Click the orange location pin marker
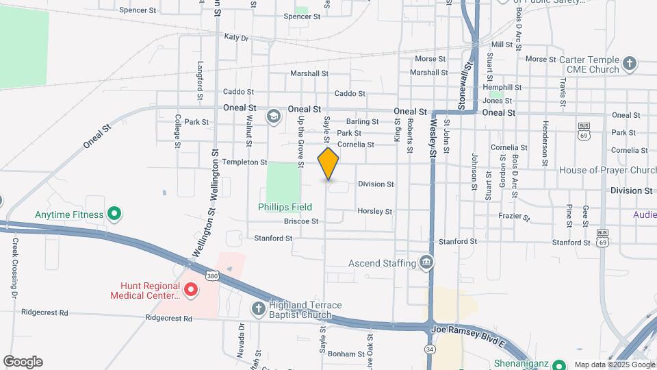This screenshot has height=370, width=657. (328, 164)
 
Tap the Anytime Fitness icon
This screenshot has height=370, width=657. (115, 214)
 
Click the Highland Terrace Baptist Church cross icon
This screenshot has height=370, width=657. (258, 310)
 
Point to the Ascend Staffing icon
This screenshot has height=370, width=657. (426, 262)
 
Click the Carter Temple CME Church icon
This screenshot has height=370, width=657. (630, 65)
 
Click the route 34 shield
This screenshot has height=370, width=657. (430, 349)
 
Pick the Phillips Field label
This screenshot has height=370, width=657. (285, 207)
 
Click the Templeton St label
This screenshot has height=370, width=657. (244, 162)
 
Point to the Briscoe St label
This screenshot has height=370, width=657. (301, 221)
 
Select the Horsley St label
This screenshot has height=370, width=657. (374, 212)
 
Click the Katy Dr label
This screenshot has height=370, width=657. (235, 38)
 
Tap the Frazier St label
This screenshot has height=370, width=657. (515, 217)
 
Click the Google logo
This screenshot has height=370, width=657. (23, 362)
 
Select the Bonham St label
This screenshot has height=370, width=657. (346, 354)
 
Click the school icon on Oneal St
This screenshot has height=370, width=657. (274, 116)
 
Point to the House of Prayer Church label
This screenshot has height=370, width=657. (608, 170)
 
